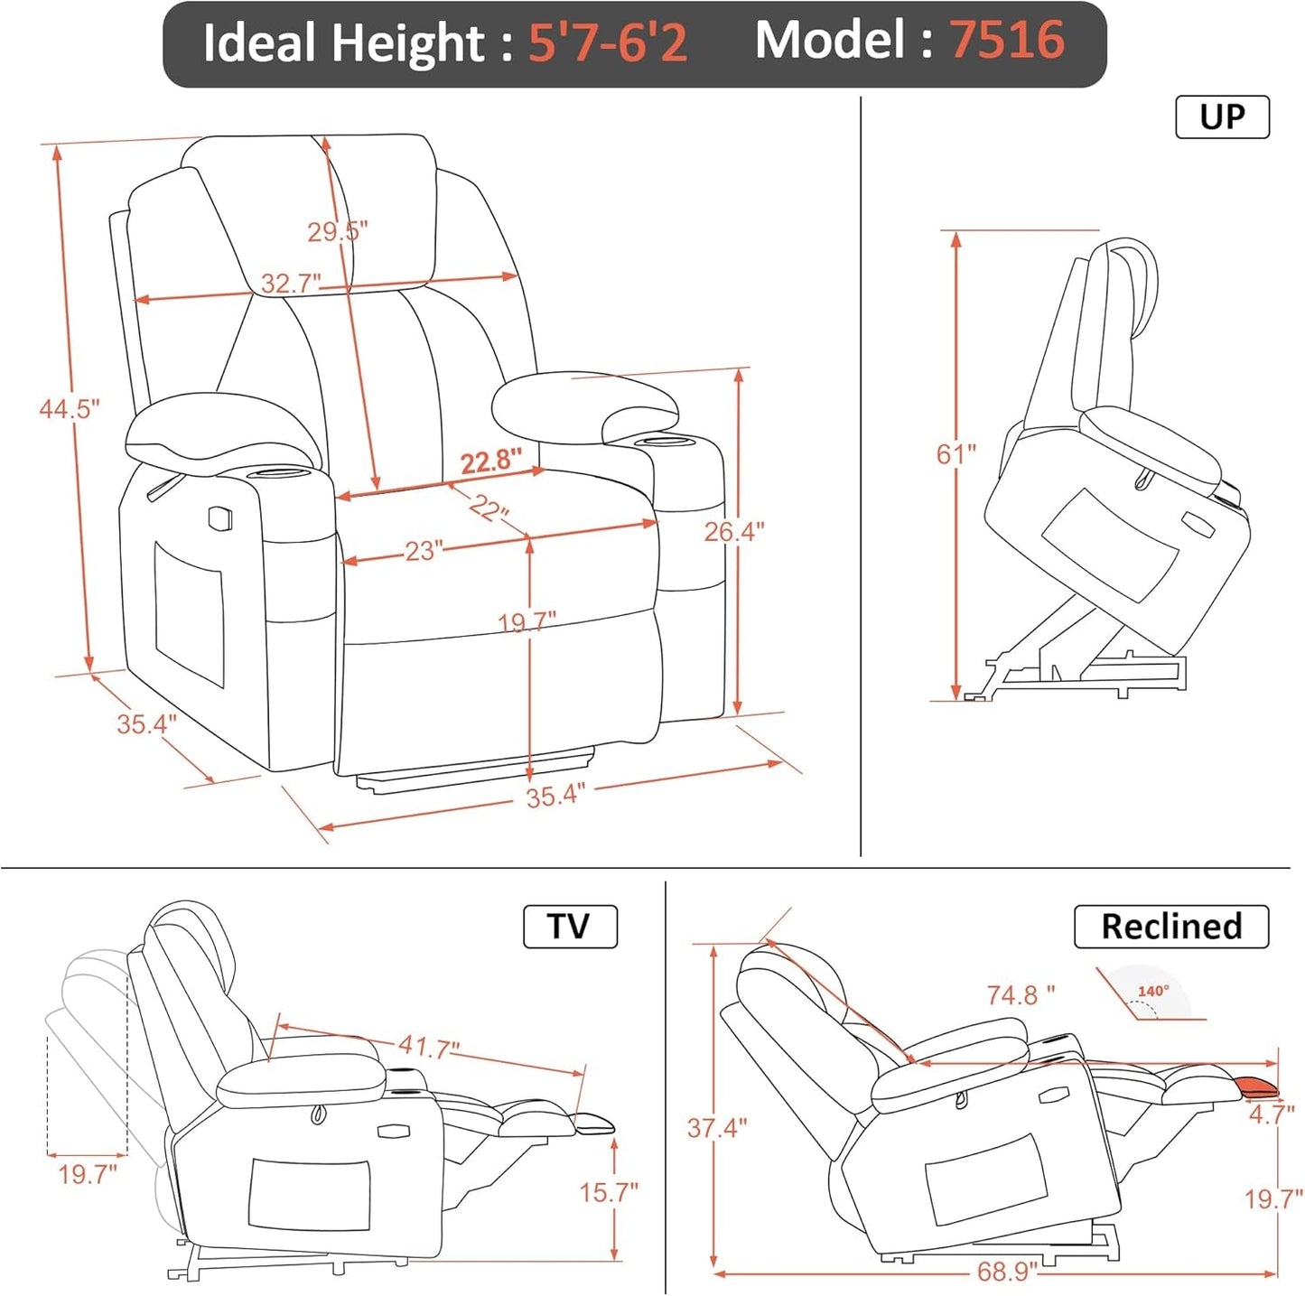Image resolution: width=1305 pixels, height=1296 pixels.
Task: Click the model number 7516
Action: (x=1006, y=41)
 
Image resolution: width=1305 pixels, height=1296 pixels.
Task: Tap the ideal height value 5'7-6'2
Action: (x=607, y=42)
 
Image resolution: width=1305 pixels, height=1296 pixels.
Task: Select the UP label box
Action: (x=1222, y=117)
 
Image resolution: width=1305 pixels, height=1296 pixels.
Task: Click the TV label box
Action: (x=570, y=927)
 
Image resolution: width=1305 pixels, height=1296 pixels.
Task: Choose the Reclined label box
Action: (x=1171, y=927)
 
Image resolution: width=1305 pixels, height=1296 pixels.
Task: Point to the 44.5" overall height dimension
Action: (x=69, y=409)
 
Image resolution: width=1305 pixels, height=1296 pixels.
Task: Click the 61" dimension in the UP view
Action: (x=955, y=453)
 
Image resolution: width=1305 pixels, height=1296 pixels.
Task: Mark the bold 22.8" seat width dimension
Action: (x=491, y=462)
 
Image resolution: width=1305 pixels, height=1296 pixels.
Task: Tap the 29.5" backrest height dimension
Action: (x=337, y=232)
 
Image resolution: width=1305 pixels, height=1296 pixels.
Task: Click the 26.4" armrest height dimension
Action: (x=733, y=532)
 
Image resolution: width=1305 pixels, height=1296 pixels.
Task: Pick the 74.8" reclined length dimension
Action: (x=1021, y=995)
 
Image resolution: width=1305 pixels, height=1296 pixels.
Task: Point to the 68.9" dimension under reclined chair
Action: (x=1007, y=1272)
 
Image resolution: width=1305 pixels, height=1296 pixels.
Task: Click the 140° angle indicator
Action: (x=1153, y=992)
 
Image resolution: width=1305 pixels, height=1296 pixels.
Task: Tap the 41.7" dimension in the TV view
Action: (x=429, y=1047)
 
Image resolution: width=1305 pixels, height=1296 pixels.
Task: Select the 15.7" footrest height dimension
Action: (x=608, y=1192)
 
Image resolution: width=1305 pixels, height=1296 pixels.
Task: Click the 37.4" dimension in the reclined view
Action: (x=717, y=1128)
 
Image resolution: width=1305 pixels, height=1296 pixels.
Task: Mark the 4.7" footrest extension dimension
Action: (x=1272, y=1114)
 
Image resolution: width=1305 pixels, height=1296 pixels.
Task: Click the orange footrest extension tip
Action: (x=1257, y=1086)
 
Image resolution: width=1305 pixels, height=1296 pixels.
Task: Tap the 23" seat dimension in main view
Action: (x=423, y=551)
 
